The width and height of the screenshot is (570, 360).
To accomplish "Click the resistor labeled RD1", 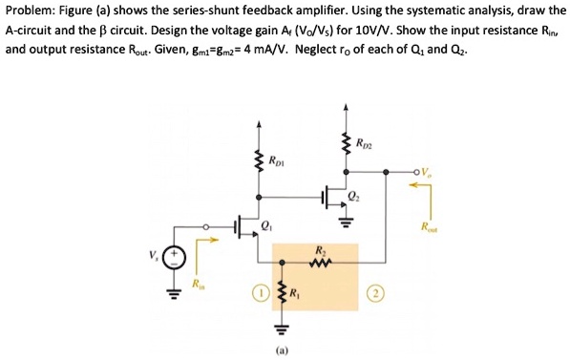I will pos(256,161).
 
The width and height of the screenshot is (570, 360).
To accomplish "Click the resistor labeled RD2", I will pos(346,145).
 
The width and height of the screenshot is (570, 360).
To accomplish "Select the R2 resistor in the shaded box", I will pos(319,261).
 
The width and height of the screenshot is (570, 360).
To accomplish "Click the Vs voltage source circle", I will pos(175,258).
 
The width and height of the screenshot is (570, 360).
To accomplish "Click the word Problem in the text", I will pos(31,11).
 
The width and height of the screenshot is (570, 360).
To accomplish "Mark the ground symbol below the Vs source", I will pos(175,292).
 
